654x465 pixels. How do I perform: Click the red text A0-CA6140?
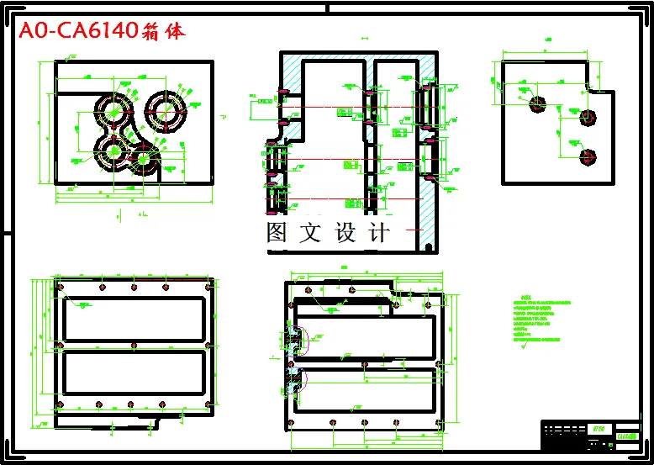pyautogui.click(x=77, y=32)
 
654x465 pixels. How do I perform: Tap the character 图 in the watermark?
pyautogui.click(x=277, y=232)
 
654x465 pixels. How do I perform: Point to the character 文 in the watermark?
pyautogui.click(x=310, y=232)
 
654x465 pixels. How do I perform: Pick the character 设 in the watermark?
pyautogui.click(x=345, y=232)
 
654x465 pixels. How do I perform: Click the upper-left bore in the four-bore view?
pyautogui.click(x=114, y=108)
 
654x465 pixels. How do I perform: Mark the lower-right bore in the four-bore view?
pyautogui.click(x=145, y=157)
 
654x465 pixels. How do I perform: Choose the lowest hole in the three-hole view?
pyautogui.click(x=588, y=156)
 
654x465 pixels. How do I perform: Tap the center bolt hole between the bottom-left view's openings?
pyautogui.click(x=133, y=345)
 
